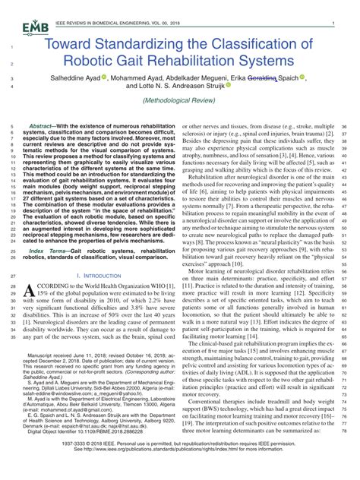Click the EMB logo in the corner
[30, 27]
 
